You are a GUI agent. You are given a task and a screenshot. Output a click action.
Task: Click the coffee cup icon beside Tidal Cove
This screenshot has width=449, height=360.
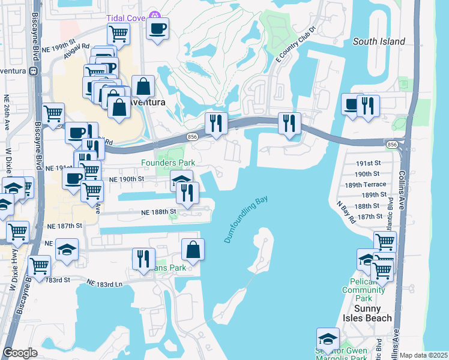click(157, 29)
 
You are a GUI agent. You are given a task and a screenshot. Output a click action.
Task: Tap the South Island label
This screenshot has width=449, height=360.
click(379, 41)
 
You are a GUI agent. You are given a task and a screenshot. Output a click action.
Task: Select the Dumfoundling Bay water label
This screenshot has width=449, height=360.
click(246, 219)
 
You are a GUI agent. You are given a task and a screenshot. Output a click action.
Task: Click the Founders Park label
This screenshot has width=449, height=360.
click(167, 163)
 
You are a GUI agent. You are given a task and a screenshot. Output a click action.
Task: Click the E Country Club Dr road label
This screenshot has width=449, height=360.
click(295, 45)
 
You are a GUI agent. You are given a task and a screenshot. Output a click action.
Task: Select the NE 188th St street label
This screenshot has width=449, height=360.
click(158, 212)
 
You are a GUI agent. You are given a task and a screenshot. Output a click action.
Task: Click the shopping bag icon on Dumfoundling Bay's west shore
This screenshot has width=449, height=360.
click(193, 250)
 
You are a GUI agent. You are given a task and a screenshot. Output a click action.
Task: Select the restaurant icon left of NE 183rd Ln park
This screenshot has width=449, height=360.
click(143, 259)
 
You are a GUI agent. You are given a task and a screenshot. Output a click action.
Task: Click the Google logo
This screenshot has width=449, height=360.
click(20, 353)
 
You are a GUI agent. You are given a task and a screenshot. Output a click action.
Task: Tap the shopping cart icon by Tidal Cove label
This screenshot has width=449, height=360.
click(119, 35)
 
